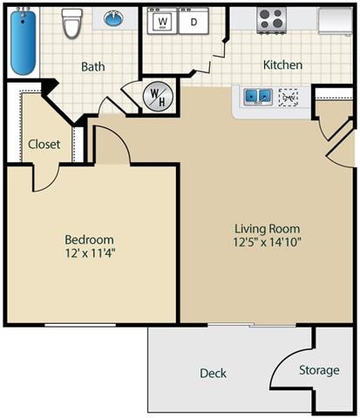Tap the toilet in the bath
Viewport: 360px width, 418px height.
(71, 24)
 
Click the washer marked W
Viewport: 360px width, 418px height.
(162, 20)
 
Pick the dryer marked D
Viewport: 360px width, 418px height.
(194, 20)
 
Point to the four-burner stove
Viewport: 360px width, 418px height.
(272, 19)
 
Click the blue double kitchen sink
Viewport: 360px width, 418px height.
(259, 97)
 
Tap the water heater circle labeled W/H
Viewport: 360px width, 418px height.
(158, 95)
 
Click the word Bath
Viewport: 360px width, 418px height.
(93, 66)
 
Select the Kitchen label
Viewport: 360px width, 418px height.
(283, 64)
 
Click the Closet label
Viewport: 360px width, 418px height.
(44, 145)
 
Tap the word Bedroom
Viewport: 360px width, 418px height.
(89, 239)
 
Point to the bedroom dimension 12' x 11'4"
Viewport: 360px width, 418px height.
(89, 254)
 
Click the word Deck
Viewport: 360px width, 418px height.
(213, 373)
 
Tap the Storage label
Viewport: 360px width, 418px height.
(319, 370)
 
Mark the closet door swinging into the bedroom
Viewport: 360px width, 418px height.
(45, 179)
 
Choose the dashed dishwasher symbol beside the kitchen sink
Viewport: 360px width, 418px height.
(289, 98)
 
